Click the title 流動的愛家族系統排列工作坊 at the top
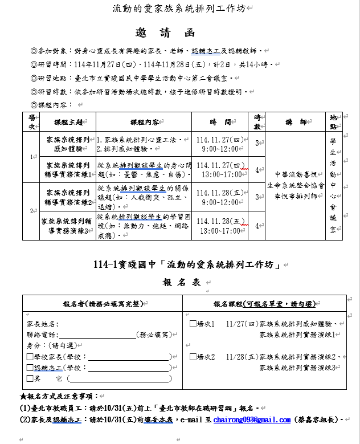181,8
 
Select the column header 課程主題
68,122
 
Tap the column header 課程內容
145,122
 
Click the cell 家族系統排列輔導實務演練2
68,197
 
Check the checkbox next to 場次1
193,324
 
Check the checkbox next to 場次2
193,357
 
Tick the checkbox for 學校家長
30,357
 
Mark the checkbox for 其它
30,378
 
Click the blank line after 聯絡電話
96,335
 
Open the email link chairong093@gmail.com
252,420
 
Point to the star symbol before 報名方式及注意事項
22,396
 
